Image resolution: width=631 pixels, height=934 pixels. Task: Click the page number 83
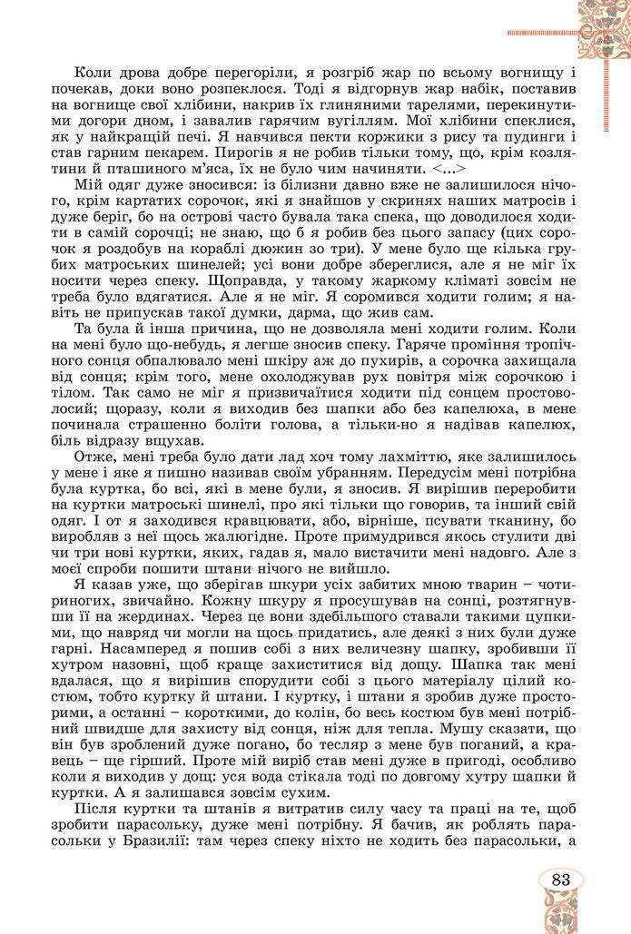coord(560,879)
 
